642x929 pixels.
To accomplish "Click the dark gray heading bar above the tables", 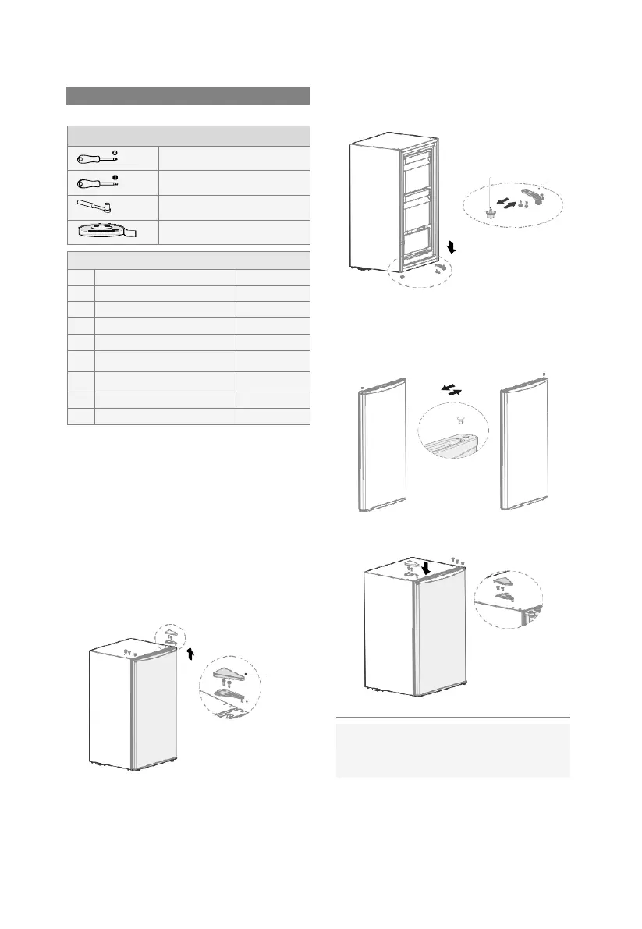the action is [x=188, y=95].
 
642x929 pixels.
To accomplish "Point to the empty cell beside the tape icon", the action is [x=234, y=232].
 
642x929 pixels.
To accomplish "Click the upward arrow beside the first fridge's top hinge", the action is [x=189, y=653].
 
